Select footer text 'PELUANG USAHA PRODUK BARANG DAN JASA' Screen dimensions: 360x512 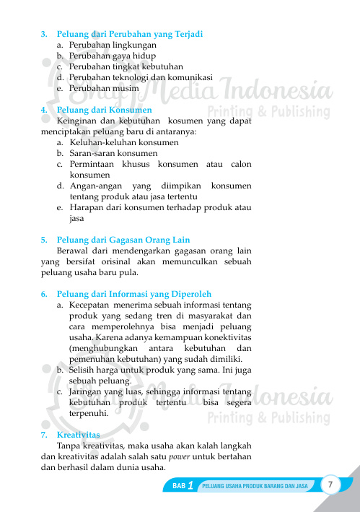[x=255, y=487]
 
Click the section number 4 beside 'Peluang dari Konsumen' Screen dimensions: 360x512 [x=44, y=110]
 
